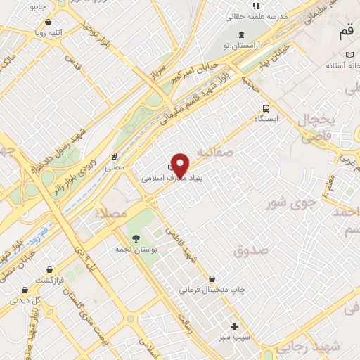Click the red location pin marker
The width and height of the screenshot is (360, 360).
tap(180, 165)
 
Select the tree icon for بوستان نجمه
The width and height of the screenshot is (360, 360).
tap(131, 239)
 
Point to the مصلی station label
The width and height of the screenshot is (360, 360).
tap(113, 168)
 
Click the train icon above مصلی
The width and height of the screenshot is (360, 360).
tap(114, 156)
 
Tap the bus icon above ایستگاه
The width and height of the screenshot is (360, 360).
tap(266, 108)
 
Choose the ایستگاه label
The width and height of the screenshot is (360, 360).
tap(266, 120)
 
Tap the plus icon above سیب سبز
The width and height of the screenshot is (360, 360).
tap(235, 326)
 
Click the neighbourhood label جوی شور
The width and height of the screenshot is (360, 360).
tap(289, 205)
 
